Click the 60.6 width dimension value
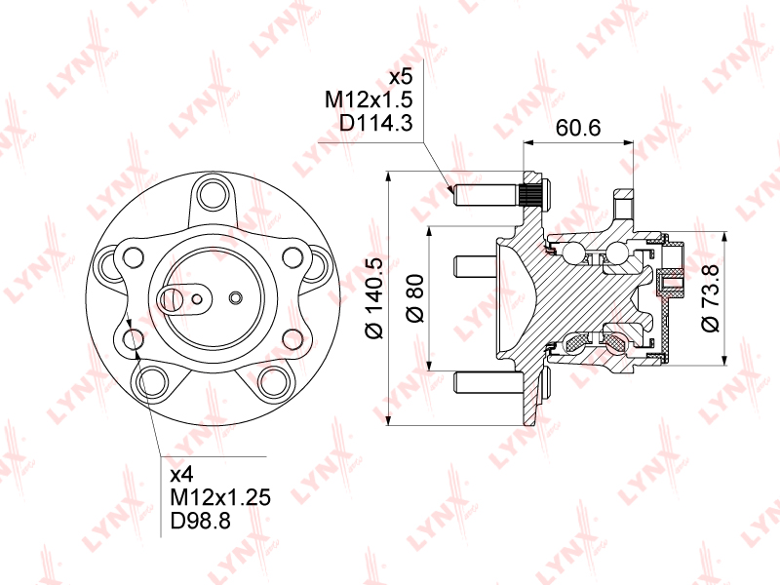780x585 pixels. point(578,128)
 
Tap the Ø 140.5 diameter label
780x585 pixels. point(374,298)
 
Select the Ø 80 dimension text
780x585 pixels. point(414,297)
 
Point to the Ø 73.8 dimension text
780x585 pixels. point(710,298)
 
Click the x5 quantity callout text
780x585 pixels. point(401,77)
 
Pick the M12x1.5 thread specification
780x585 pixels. point(369,99)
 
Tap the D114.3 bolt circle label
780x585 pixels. point(375,123)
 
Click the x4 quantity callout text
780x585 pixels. point(181,475)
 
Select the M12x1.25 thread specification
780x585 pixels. point(220,497)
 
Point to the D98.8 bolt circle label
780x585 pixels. point(201,521)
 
